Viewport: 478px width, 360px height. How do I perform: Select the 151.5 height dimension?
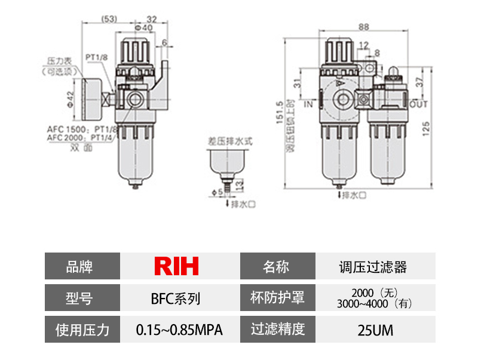[280, 113]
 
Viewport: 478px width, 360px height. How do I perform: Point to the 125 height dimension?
[425, 129]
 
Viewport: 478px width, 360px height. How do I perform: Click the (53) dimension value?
[109, 19]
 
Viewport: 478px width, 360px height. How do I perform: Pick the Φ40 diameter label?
[143, 28]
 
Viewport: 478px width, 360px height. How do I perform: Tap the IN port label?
[309, 104]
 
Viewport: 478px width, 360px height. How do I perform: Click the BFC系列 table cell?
[176, 297]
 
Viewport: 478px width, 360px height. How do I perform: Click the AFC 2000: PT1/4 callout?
[81, 137]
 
